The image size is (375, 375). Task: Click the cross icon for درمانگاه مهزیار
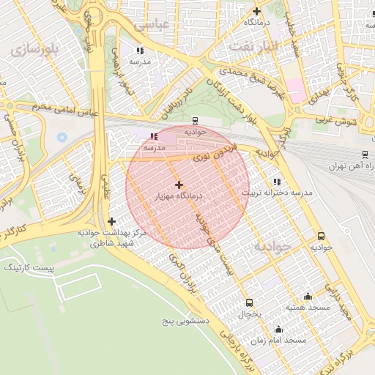click(x=179, y=185)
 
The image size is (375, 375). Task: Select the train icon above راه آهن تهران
click(x=365, y=155)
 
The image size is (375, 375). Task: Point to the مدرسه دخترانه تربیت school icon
click(x=276, y=181)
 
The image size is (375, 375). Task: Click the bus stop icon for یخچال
click(x=249, y=302)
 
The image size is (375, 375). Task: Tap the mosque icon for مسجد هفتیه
click(x=308, y=297)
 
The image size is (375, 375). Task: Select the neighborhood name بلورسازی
click(x=34, y=50)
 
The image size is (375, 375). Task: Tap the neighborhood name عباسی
click(x=152, y=23)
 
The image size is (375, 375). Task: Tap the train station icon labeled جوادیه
click(x=195, y=120)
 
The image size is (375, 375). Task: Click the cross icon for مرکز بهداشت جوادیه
click(x=111, y=221)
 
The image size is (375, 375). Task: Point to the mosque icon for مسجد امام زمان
click(x=278, y=330)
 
